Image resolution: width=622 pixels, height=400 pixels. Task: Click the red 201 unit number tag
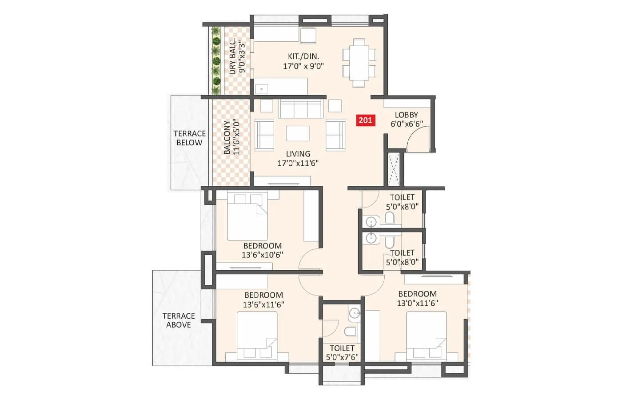tap(365, 120)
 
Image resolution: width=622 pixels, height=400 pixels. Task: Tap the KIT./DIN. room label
tap(303, 56)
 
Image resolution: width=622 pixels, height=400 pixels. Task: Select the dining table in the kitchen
tap(359, 63)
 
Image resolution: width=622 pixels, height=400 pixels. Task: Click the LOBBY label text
tap(406, 115)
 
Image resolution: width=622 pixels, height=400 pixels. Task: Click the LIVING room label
tap(298, 154)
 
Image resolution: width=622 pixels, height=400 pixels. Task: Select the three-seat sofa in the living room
tap(300, 109)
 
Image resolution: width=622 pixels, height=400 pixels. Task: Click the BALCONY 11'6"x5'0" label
tap(231, 137)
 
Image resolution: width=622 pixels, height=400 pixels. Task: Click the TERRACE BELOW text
tap(189, 138)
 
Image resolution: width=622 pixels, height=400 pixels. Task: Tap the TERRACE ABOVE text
tap(179, 320)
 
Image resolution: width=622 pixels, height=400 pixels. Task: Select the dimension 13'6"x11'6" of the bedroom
tap(263, 304)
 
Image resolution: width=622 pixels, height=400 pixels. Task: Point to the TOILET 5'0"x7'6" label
tap(342, 352)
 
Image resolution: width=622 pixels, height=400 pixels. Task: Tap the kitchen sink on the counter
tap(261, 88)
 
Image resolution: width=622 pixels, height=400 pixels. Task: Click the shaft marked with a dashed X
tap(394, 169)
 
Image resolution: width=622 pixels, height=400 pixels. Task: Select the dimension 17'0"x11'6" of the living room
tap(298, 163)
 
